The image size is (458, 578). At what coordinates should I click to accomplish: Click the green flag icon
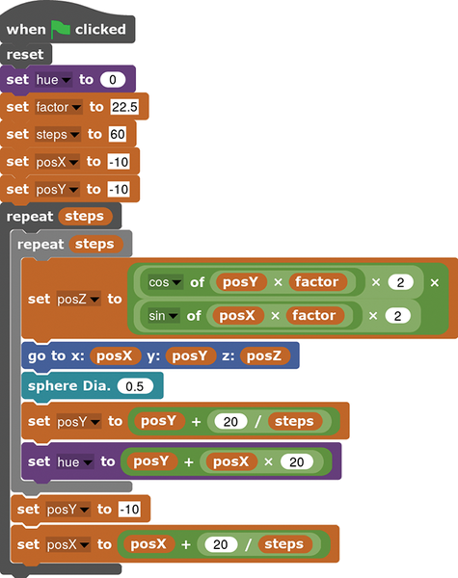click(60, 29)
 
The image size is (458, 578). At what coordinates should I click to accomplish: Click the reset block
click(25, 55)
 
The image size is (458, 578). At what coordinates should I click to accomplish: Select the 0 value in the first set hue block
click(113, 80)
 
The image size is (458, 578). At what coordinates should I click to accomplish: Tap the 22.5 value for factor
click(124, 107)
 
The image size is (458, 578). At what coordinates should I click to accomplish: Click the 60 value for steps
click(118, 134)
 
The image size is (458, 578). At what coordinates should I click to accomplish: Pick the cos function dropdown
click(165, 282)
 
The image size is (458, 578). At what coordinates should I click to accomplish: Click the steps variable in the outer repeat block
click(85, 217)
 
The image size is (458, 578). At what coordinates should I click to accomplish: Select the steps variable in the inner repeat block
click(95, 244)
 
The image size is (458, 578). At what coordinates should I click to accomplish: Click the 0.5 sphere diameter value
click(135, 386)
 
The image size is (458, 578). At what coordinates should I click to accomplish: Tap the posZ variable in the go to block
click(264, 355)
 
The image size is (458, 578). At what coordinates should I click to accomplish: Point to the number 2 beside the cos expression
click(400, 282)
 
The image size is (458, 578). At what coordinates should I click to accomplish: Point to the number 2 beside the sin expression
click(397, 316)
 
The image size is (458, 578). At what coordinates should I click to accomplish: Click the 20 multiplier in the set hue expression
click(297, 461)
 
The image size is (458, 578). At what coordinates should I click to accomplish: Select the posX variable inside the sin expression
click(237, 316)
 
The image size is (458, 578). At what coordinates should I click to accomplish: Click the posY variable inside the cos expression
click(241, 282)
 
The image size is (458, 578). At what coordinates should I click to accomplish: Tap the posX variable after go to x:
click(115, 355)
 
